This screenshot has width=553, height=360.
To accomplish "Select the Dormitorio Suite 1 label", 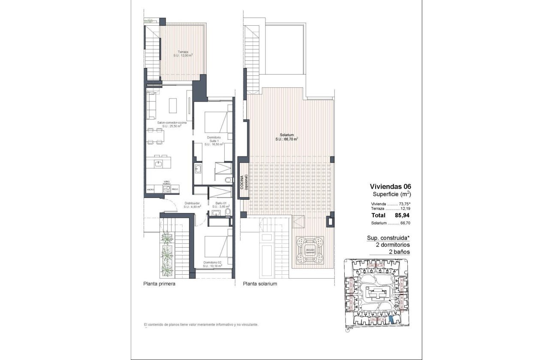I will pos(213,141).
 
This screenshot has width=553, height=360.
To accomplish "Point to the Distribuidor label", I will pos(192,205).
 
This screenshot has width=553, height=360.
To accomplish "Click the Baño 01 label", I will pos(221,205).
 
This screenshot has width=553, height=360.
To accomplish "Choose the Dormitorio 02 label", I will pos(213,264).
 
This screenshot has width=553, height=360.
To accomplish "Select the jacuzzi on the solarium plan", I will pos(308,252).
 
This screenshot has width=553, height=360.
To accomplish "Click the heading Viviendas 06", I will pos(390,186).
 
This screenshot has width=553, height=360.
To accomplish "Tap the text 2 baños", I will pos(399,252).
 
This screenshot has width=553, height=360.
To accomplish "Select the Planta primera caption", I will pos(159,284).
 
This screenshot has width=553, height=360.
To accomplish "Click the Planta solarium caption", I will pos(260,284).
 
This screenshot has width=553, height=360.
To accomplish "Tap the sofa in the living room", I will pos(151,105).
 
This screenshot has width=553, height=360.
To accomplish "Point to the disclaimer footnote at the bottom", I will pos(201,325).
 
